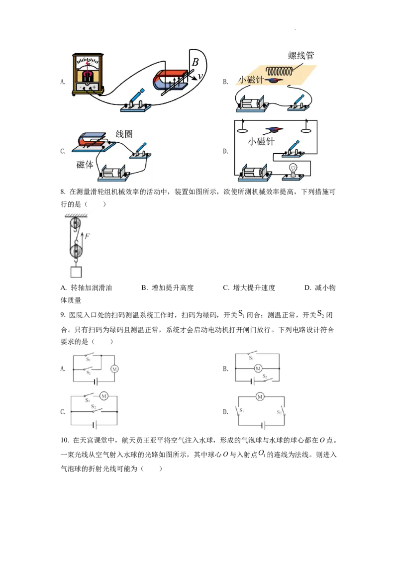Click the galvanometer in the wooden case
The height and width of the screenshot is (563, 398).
pyautogui.click(x=88, y=74)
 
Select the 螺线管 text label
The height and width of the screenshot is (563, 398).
pyautogui.click(x=300, y=55)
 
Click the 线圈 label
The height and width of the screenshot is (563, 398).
pyautogui.click(x=124, y=134)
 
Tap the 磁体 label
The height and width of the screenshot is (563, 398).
pyautogui.click(x=85, y=165)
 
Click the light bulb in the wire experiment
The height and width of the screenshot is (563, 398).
pyautogui.click(x=294, y=170)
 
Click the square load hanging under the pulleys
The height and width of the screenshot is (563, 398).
pyautogui.click(x=76, y=272)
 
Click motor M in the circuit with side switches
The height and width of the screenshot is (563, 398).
pyautogui.click(x=260, y=396)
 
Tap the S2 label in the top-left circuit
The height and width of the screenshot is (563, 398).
pyautogui.click(x=88, y=372)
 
